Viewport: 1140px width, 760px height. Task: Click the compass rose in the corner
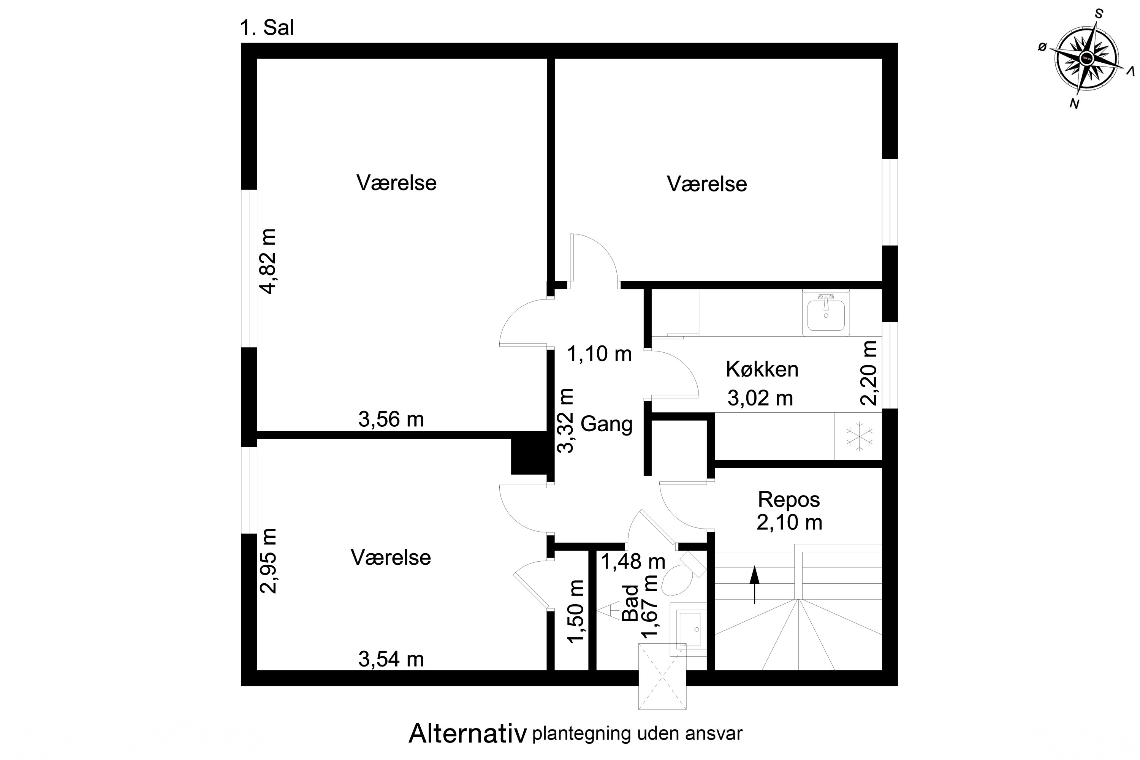pyautogui.click(x=1087, y=61)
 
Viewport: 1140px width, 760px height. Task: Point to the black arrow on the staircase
pyautogui.click(x=754, y=584)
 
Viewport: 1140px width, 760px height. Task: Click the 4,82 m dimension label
pyautogui.click(x=268, y=261)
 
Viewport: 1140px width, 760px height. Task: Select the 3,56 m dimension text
pyautogui.click(x=391, y=419)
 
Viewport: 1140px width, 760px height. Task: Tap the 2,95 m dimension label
pyautogui.click(x=268, y=561)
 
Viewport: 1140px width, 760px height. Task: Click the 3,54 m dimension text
pyautogui.click(x=391, y=659)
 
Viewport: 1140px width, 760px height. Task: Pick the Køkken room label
pyautogui.click(x=762, y=369)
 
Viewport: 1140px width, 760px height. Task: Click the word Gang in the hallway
pyautogui.click(x=606, y=424)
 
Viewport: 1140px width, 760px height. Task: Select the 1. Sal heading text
pyautogui.click(x=267, y=28)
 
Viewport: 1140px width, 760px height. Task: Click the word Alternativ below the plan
pyautogui.click(x=467, y=734)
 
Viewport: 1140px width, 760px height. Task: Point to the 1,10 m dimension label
pyautogui.click(x=599, y=354)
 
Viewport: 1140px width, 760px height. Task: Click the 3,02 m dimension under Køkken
pyautogui.click(x=760, y=398)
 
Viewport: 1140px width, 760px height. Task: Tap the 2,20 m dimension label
pyautogui.click(x=868, y=373)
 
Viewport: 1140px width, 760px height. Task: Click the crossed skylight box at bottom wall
pyautogui.click(x=662, y=677)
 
